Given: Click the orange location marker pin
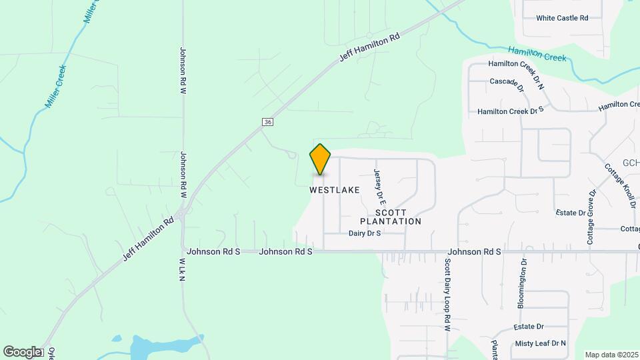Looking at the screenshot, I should [320, 159].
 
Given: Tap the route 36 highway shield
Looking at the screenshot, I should [267, 122].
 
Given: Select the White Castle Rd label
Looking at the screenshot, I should [562, 18].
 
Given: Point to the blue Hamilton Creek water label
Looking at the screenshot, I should [537, 53].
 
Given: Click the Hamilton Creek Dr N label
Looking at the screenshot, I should [516, 64].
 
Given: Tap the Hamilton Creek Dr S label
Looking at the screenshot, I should [511, 111].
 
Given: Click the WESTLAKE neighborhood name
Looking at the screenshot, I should [335, 190].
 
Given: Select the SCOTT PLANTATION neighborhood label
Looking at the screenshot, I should [391, 216].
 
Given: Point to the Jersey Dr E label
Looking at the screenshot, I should [379, 185].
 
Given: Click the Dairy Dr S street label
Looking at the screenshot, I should [364, 233].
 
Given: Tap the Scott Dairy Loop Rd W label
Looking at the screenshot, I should [448, 295].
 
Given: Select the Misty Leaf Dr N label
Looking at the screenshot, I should [540, 343].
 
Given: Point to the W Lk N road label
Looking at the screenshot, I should [181, 269].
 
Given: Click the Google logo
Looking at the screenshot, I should [22, 351].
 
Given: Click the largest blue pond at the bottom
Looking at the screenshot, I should [157, 346].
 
